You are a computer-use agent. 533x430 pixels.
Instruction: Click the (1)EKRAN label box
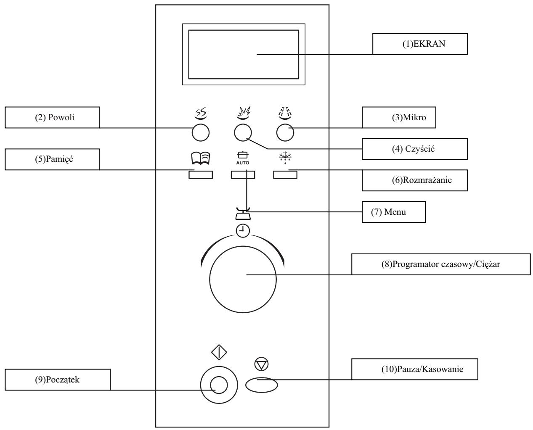coord(420,44)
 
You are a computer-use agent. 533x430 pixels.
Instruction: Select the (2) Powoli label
coord(52,117)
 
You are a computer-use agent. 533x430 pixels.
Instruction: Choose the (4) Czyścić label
coord(408,149)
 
